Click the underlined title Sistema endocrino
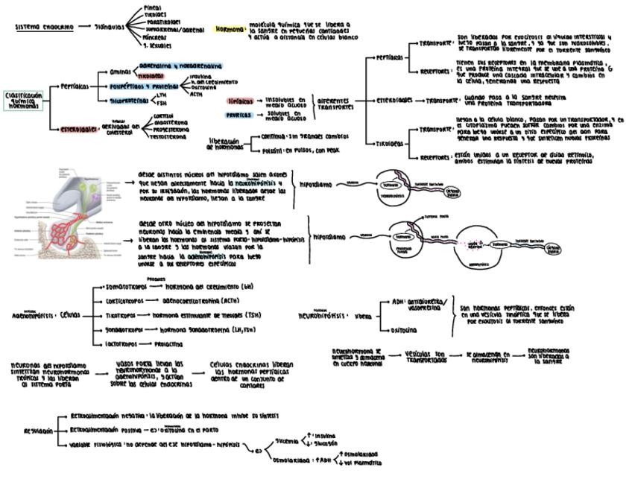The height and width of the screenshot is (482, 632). tap(45, 27)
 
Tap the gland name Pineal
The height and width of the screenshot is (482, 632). tap(151, 7)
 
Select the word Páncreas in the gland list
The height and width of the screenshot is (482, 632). tap(156, 37)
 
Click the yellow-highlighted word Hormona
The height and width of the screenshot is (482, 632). tap(230, 30)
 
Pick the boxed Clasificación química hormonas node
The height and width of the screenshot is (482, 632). tap(24, 101)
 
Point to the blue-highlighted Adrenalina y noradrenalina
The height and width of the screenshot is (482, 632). tap(180, 66)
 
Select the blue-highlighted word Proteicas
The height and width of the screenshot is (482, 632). tap(240, 115)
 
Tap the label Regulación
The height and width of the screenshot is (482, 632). tap(38, 430)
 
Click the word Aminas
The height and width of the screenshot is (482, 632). tap(120, 72)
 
